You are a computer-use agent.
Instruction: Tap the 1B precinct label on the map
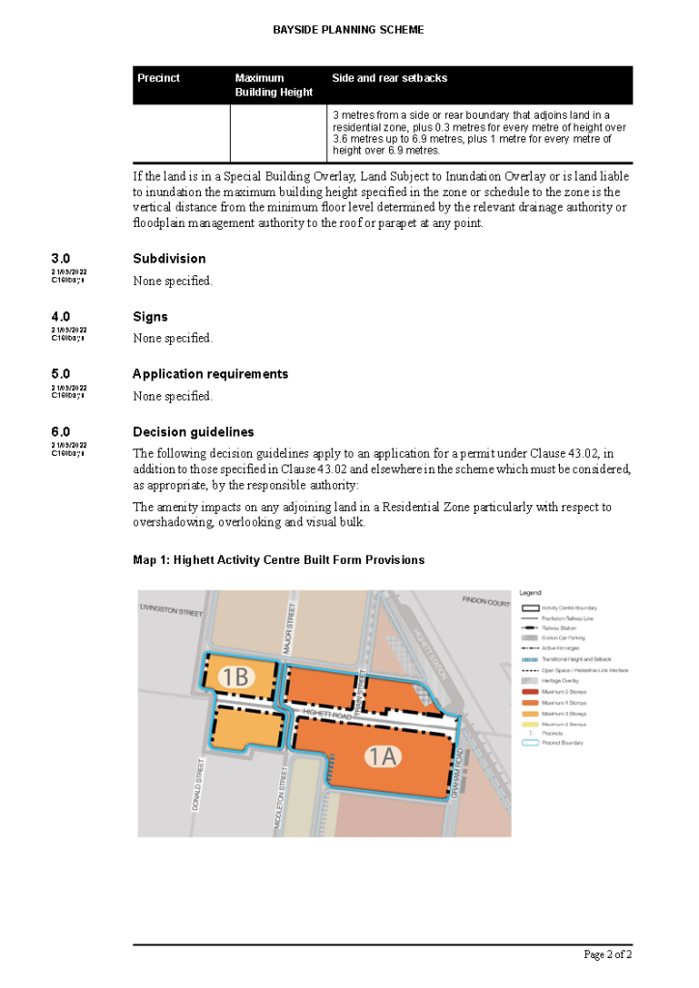tap(235, 677)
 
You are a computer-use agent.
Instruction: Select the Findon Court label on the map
tap(486, 603)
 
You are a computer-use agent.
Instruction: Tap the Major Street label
tap(287, 629)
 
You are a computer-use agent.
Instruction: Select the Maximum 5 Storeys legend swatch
tap(529, 692)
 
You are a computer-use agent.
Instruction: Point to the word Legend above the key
tap(530, 592)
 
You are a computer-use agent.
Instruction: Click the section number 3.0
tap(61, 259)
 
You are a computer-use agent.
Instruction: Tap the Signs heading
tap(151, 317)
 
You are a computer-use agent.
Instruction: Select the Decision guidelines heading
tap(193, 432)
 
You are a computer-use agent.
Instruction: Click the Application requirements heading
tap(210, 374)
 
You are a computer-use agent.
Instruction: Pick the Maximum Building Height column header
tap(274, 85)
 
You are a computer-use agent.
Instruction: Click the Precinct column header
tap(158, 78)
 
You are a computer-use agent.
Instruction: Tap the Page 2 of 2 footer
tap(608, 955)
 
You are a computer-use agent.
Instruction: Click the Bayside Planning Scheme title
tap(349, 30)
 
